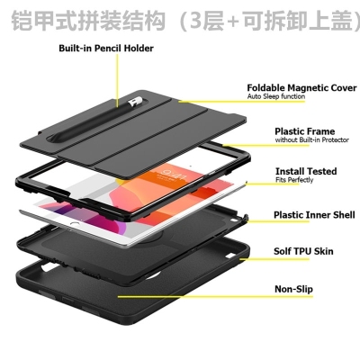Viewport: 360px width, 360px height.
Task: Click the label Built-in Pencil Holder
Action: coord(106,49)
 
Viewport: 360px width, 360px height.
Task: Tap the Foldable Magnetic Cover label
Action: coord(301,88)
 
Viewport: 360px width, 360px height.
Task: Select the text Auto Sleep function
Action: coord(276,96)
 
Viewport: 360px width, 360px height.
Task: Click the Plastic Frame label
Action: coord(304,131)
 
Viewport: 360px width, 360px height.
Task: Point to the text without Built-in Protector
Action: coord(311,139)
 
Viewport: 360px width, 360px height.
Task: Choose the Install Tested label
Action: coord(306,171)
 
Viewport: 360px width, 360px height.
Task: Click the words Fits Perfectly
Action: coord(294,180)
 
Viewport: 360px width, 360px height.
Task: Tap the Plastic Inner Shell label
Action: coord(314,215)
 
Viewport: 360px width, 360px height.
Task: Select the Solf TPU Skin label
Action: coord(303,251)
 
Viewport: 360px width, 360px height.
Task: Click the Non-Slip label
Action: coord(293,289)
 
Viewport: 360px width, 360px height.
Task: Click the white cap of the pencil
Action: coord(132,103)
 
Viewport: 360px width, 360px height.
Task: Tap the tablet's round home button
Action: coord(74,224)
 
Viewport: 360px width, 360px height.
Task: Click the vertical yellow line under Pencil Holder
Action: coord(117,80)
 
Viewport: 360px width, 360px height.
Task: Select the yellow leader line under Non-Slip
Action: coord(215,297)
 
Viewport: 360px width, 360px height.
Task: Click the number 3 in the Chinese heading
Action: coord(198,21)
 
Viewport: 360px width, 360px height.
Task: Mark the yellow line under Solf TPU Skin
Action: coord(274,258)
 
